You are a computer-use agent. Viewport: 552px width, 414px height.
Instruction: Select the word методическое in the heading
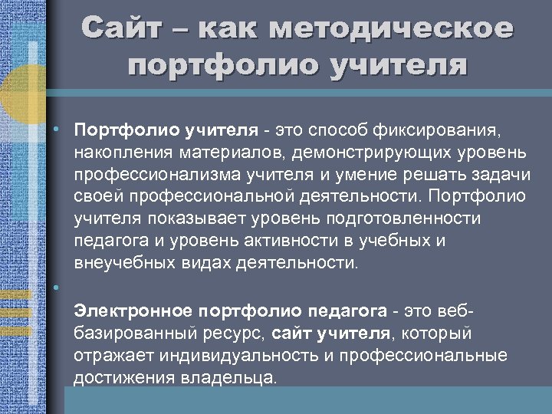coord(392,28)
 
